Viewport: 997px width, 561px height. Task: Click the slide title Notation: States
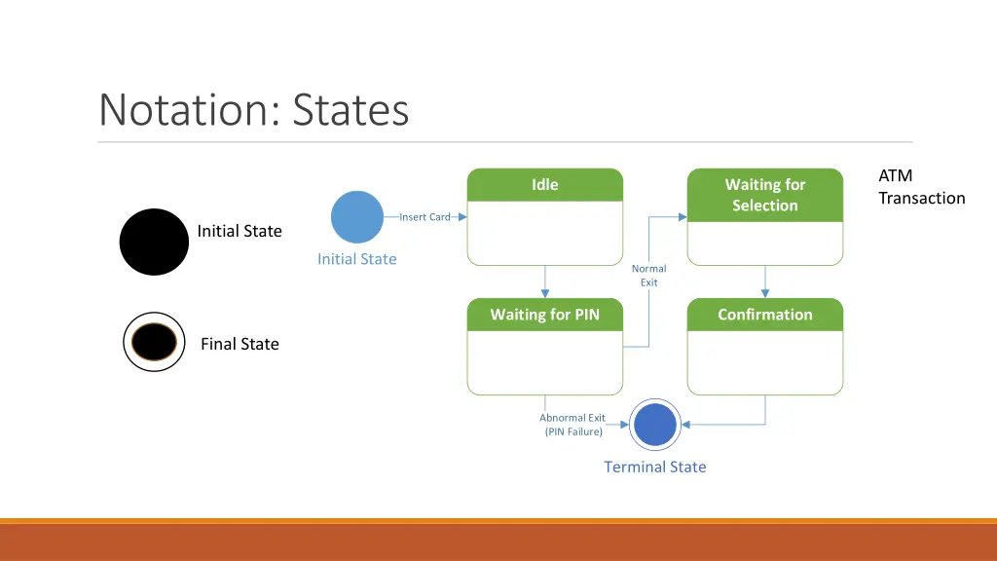click(x=253, y=109)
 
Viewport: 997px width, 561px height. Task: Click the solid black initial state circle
click(x=154, y=242)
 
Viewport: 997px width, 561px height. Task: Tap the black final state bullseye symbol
click(x=154, y=343)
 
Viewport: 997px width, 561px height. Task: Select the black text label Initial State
click(x=240, y=231)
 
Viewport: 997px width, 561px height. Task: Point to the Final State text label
click(x=240, y=344)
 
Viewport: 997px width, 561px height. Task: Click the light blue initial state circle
click(x=357, y=216)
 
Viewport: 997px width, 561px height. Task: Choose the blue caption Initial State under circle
click(x=357, y=259)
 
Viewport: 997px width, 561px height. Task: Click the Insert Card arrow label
click(x=425, y=217)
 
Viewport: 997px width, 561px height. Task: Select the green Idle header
click(x=545, y=184)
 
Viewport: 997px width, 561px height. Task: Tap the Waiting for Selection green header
click(x=765, y=195)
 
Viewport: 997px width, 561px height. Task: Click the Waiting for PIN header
click(x=545, y=315)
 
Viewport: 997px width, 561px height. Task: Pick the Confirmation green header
click(x=765, y=315)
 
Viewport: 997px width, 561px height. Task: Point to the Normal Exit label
click(x=648, y=276)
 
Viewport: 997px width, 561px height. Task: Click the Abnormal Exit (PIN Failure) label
click(x=572, y=425)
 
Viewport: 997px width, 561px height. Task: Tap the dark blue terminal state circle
click(x=654, y=425)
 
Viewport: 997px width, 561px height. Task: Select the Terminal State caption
click(x=654, y=467)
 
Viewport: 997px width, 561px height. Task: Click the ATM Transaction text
click(x=920, y=187)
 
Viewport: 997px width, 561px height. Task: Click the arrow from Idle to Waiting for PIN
click(x=545, y=281)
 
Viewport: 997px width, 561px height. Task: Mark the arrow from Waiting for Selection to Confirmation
click(x=765, y=281)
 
